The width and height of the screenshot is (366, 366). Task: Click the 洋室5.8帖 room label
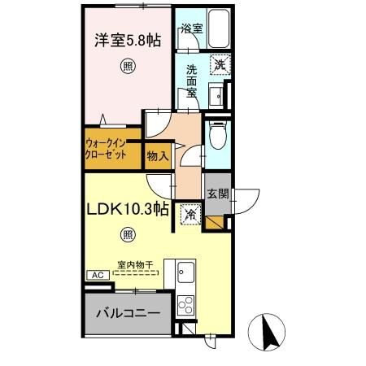[x=125, y=37]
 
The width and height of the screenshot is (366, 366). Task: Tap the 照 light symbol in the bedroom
[x=127, y=67]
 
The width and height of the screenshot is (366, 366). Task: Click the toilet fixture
[x=216, y=137]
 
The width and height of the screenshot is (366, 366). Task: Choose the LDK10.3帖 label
[x=128, y=210]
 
